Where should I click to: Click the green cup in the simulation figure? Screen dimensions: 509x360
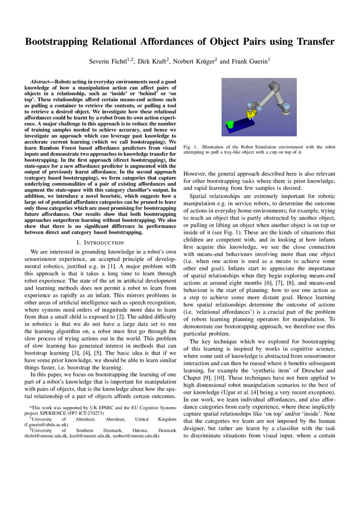pyautogui.click(x=230, y=124)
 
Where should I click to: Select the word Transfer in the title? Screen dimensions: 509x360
pyautogui.click(x=311, y=41)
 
